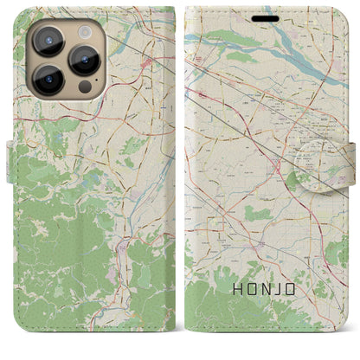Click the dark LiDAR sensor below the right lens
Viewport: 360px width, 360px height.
pos(83,87)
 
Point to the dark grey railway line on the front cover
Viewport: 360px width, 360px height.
pos(238,95)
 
